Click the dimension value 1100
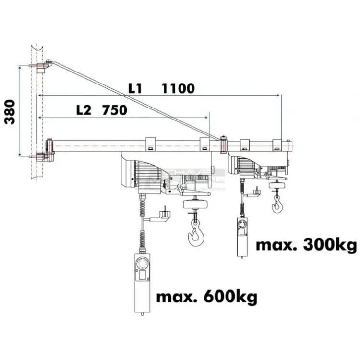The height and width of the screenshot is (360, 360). tap(178, 88)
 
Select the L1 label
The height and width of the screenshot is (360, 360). tap(136, 88)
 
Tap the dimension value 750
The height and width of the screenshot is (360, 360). tap(115, 110)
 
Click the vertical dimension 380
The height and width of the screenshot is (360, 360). tap(10, 112)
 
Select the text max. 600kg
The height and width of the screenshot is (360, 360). tap(206, 297)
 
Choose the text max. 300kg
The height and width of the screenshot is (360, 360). tap(306, 245)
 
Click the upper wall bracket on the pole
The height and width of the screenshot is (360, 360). tap(42, 65)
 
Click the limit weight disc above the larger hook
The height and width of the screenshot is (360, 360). tap(196, 204)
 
